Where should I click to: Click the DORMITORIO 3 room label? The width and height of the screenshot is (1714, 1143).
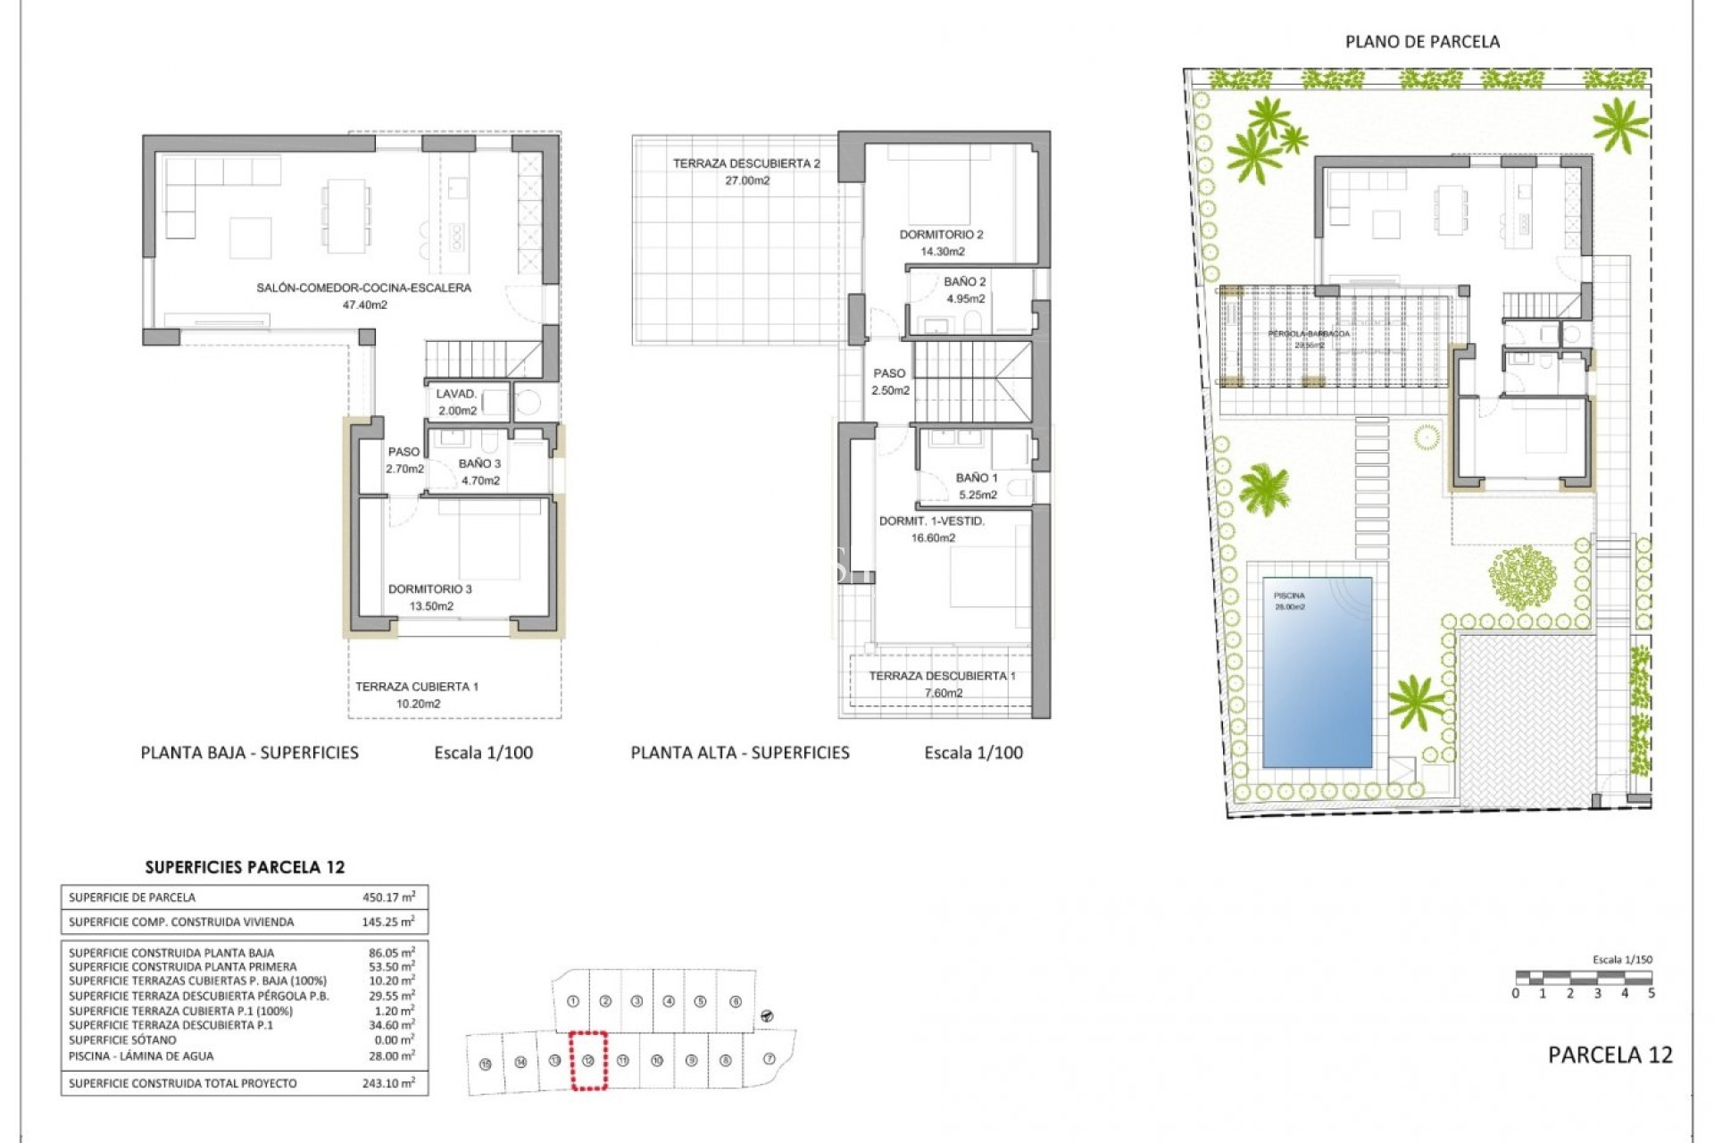[429, 589]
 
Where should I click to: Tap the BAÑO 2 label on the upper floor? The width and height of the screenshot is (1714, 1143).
[965, 282]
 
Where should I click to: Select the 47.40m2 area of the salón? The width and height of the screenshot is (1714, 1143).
[364, 305]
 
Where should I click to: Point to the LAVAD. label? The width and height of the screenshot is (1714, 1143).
[455, 394]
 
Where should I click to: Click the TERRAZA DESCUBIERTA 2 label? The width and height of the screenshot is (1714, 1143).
[746, 163]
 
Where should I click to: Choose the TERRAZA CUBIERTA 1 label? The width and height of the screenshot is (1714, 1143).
[417, 687]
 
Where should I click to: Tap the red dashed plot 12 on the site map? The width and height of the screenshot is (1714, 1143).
[588, 1060]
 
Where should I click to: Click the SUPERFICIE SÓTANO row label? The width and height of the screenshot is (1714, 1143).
[122, 1040]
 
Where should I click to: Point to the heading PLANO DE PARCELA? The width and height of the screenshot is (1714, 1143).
[1422, 42]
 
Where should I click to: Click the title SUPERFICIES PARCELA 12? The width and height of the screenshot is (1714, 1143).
[245, 867]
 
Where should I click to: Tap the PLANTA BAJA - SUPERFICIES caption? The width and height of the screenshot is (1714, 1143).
[250, 753]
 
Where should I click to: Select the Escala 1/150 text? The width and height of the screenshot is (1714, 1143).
[1622, 960]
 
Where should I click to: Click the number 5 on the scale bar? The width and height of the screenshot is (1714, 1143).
[1651, 993]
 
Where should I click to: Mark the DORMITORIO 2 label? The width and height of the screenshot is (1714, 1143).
[941, 235]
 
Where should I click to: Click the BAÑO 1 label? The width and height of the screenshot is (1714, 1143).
[977, 479]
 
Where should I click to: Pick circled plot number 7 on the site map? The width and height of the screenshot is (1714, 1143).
[770, 1059]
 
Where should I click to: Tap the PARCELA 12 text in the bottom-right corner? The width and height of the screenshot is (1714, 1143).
[1610, 1055]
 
